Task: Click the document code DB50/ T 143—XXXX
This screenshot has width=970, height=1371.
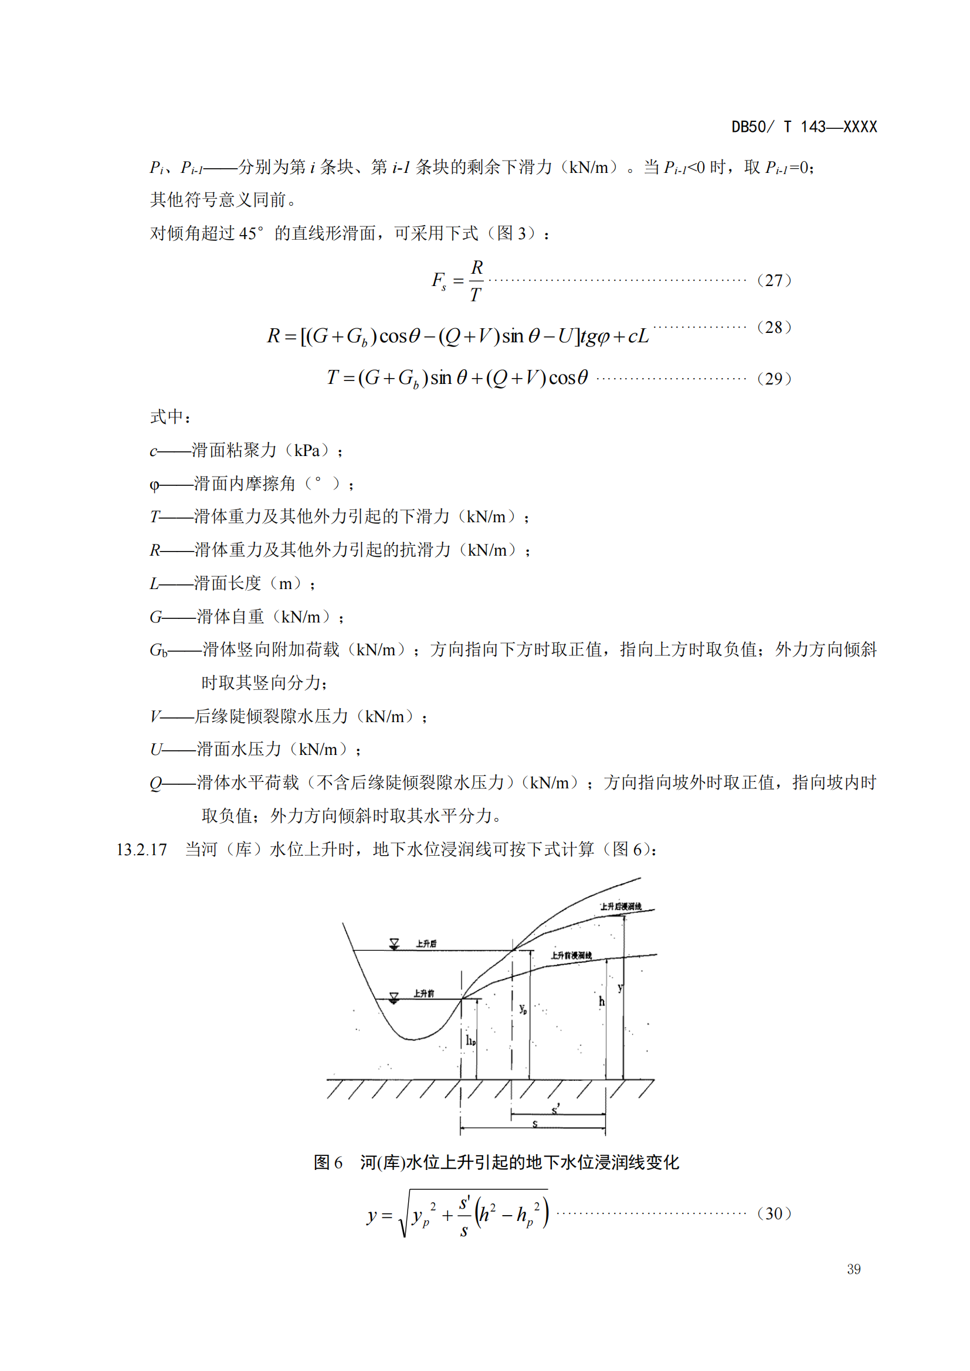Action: click(x=804, y=127)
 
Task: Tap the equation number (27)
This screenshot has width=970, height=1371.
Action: click(x=774, y=280)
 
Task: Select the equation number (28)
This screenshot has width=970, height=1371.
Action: click(x=774, y=327)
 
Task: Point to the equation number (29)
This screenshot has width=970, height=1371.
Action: click(x=774, y=379)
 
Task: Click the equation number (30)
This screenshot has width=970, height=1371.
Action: click(x=774, y=1213)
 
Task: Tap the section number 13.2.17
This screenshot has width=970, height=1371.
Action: click(x=141, y=849)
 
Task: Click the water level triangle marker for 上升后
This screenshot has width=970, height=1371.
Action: click(x=394, y=944)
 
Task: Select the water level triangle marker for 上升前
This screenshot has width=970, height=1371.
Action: click(x=394, y=998)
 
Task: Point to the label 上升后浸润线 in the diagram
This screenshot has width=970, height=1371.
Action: click(x=620, y=906)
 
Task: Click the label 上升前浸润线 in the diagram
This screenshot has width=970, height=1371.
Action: click(x=571, y=955)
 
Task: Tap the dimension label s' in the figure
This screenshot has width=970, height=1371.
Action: click(x=555, y=1109)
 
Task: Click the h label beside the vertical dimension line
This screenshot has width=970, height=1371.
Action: click(x=602, y=1001)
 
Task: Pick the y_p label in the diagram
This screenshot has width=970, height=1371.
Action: click(x=523, y=1009)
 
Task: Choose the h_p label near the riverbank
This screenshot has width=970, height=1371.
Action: click(x=471, y=1041)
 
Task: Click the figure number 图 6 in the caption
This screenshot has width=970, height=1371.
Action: click(x=328, y=1162)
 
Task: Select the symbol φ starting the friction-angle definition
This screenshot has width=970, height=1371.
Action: click(x=154, y=484)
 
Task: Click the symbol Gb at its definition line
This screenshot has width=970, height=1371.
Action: click(x=158, y=649)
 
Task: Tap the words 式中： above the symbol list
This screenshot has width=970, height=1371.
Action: click(x=170, y=417)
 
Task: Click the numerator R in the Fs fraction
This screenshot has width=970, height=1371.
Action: click(x=477, y=267)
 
